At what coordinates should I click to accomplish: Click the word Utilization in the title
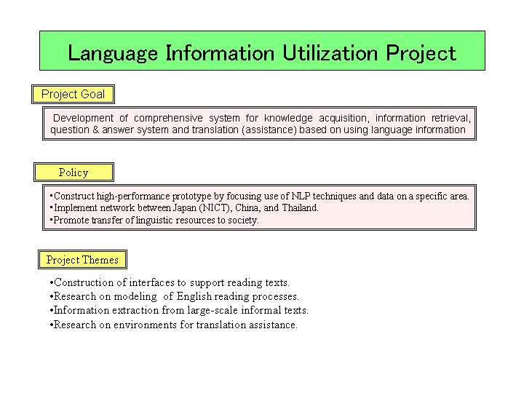click(x=330, y=53)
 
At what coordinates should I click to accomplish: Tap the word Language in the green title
click(x=113, y=53)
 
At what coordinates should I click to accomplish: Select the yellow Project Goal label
click(x=74, y=94)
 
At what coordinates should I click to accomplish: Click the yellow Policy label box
click(x=74, y=172)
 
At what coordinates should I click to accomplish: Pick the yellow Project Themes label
click(x=82, y=259)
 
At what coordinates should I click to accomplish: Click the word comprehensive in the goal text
click(x=168, y=119)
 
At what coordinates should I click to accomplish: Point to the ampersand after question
click(x=95, y=130)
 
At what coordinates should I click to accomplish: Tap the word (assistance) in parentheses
click(x=269, y=130)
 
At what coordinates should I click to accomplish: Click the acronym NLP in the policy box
click(x=301, y=196)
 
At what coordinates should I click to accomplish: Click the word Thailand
click(x=300, y=208)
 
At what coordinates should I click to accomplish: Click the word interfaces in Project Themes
click(x=151, y=282)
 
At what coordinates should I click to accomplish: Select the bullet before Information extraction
click(x=52, y=311)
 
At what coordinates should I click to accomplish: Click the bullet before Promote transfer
click(x=51, y=220)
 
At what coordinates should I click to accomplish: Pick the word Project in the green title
click(x=421, y=53)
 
